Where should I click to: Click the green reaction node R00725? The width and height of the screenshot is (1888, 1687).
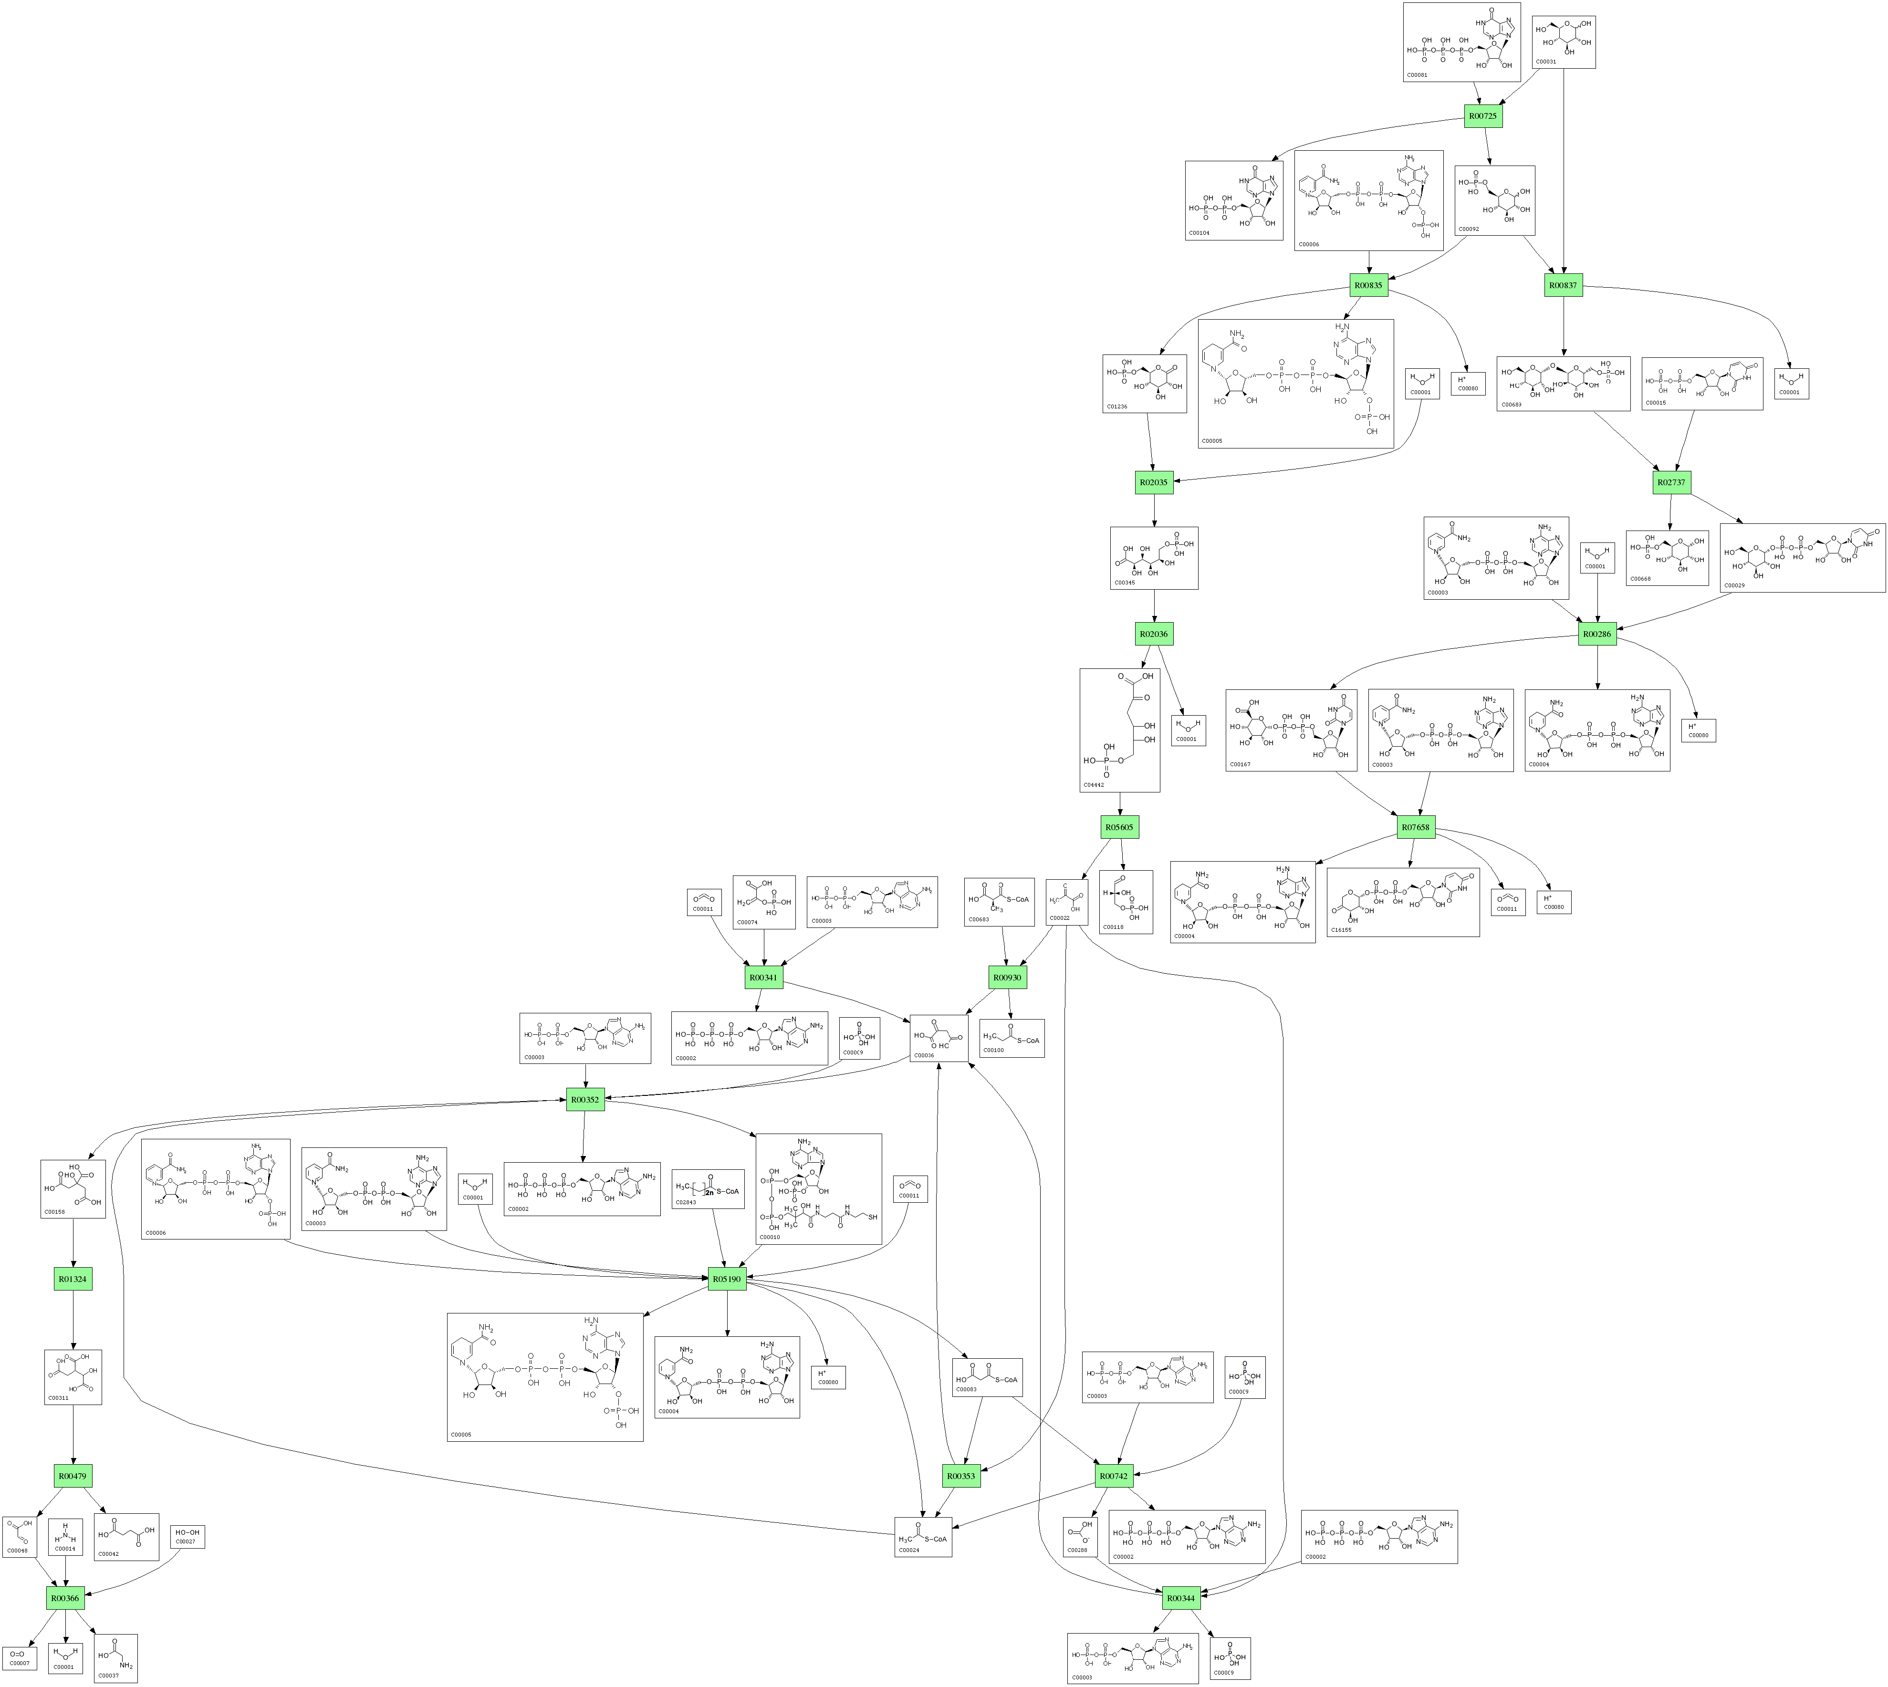tap(1483, 116)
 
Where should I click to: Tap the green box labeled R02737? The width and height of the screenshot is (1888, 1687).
tap(1671, 482)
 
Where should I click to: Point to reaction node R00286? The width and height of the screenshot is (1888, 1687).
tap(1597, 634)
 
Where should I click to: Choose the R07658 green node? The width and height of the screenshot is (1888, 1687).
tap(1415, 827)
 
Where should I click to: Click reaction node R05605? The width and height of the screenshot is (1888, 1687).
tap(1119, 827)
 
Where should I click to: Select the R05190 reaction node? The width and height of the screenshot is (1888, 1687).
tap(727, 1279)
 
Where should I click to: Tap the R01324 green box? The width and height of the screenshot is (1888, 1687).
tap(73, 1279)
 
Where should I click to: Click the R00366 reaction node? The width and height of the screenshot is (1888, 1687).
tap(65, 1598)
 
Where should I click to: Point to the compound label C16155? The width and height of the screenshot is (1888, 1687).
tap(1341, 930)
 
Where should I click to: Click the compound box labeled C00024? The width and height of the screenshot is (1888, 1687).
tap(922, 1536)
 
